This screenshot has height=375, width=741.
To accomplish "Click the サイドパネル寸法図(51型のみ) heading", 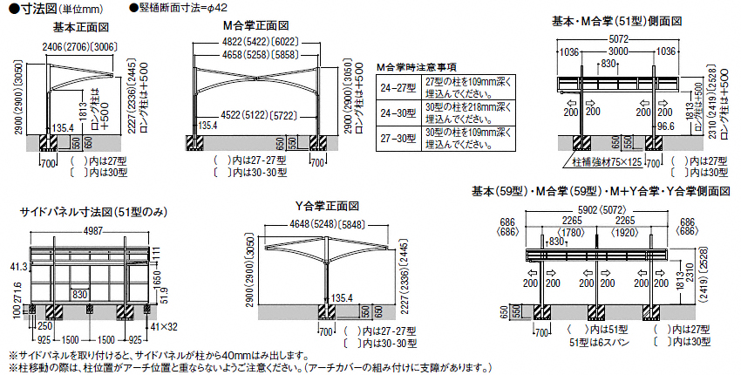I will [92, 212].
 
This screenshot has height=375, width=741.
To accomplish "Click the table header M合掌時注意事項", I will [417, 67].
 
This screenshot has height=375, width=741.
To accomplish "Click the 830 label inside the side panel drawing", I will [80, 294].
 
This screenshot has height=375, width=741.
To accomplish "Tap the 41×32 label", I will [163, 327].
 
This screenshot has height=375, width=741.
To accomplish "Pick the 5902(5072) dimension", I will [602, 210].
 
